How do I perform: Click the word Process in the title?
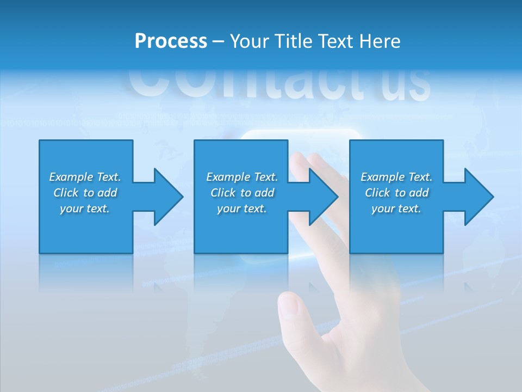[x=171, y=41]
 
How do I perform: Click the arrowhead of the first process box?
[x=168, y=197]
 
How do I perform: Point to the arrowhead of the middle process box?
[x=324, y=197]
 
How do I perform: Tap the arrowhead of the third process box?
[x=478, y=197]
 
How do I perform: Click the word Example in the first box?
[x=71, y=177]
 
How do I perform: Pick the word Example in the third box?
[x=383, y=177]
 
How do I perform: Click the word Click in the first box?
[x=66, y=193]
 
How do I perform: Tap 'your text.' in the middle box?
[x=242, y=209]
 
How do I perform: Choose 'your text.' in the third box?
[x=396, y=209]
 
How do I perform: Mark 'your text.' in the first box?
[x=85, y=209]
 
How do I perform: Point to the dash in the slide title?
[x=219, y=41]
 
